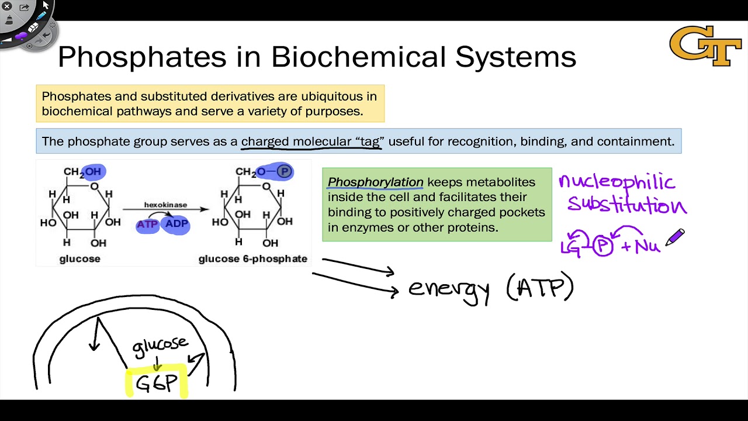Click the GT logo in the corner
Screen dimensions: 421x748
point(705,46)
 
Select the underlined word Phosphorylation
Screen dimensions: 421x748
point(375,182)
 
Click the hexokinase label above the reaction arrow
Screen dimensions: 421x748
point(165,205)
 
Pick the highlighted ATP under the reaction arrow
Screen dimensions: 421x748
point(147,224)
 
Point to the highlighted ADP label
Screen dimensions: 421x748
point(176,224)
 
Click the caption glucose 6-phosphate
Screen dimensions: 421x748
point(252,259)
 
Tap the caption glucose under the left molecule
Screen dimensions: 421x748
point(80,259)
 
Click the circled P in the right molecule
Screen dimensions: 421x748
point(284,171)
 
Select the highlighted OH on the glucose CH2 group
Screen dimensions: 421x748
point(93,171)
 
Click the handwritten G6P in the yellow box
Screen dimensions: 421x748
point(156,383)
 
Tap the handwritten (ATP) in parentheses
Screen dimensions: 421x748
point(540,288)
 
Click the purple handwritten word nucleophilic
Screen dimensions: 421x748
point(617,182)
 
